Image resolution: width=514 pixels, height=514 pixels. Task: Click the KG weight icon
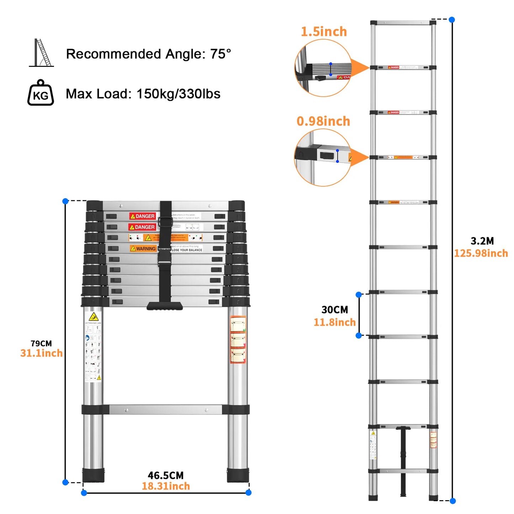point(41,93)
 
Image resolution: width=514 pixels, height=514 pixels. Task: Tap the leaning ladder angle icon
point(42,53)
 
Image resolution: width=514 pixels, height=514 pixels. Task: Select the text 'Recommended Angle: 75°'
point(148,54)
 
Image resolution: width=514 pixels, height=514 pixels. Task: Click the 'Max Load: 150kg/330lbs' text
point(143,94)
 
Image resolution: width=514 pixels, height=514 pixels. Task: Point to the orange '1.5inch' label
point(324,32)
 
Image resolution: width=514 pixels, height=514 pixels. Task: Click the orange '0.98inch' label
point(323,121)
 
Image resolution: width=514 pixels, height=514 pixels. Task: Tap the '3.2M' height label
point(482,241)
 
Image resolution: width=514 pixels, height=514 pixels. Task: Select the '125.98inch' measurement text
point(481,253)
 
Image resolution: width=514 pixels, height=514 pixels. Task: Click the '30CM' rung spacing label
point(335,310)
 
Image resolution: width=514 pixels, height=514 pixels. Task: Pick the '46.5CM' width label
point(166,476)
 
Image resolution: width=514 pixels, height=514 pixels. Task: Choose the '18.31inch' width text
point(166,486)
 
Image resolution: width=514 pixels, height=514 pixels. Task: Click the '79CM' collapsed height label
point(41,344)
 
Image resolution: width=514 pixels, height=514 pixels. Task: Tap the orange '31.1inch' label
point(41,353)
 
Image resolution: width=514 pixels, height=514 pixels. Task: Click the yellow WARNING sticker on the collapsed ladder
point(143,249)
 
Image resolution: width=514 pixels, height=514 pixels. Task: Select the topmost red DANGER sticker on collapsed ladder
point(142,216)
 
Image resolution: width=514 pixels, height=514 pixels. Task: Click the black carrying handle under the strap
point(165,306)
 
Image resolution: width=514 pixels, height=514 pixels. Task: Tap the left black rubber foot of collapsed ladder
point(94,475)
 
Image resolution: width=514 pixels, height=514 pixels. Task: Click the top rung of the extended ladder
point(403,23)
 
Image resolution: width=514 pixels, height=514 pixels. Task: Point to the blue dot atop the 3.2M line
point(452,20)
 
